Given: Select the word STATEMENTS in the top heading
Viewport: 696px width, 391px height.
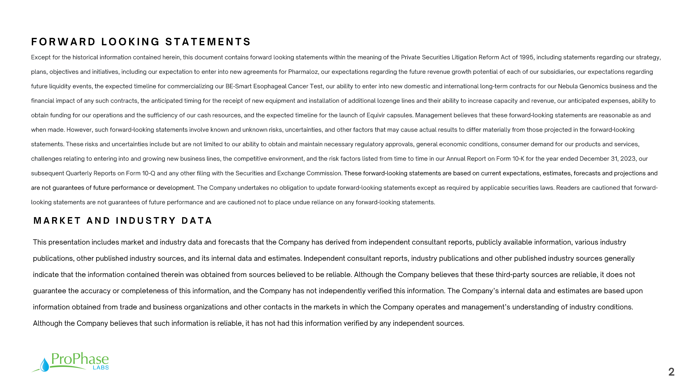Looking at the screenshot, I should pyautogui.click(x=208, y=42).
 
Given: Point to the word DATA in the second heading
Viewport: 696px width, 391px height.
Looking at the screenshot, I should pyautogui.click(x=197, y=221).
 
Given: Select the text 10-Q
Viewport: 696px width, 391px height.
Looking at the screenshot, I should pyautogui.click(x=149, y=173).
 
